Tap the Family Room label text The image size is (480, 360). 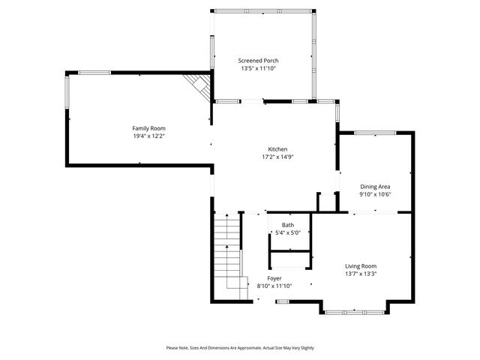coord(148,128)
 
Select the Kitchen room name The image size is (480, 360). coord(278,149)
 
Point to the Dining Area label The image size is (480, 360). coord(375,187)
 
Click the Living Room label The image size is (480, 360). coord(360,266)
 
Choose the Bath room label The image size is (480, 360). coord(288,225)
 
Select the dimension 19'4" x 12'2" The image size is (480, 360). coord(148,136)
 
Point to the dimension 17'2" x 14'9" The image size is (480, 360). coord(277,157)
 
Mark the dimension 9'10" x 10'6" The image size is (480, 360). coord(375,195)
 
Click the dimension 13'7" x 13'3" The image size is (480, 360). coord(360,274)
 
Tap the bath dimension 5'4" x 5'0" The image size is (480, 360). coord(288,233)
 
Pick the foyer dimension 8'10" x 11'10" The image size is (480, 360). coord(274,286)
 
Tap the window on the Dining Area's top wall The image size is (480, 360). coord(375,133)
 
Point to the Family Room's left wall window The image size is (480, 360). coord(67,98)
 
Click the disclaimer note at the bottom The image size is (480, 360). coord(240,348)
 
